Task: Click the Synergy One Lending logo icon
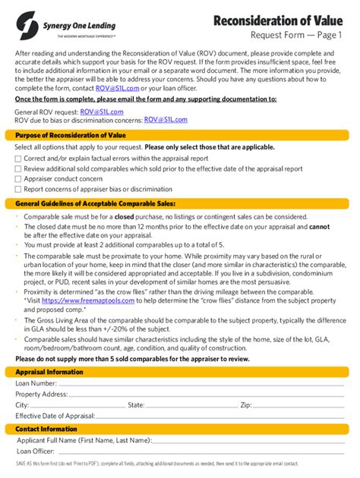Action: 26,20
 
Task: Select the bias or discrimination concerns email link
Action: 166,119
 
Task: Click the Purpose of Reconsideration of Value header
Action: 60,134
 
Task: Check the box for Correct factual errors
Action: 18,158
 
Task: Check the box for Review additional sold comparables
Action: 18,168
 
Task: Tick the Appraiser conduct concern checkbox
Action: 18,179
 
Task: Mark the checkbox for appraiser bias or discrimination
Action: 18,190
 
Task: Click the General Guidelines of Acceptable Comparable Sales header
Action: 90,203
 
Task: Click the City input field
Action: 76,406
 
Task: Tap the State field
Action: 190,406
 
